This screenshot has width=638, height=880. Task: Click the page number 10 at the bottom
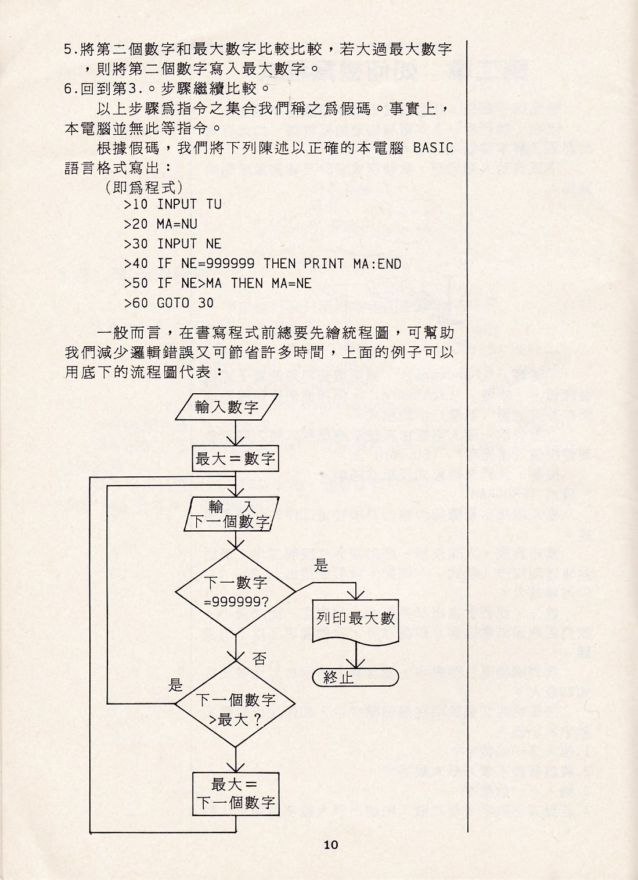(x=331, y=845)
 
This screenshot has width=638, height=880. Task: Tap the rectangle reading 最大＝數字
(x=235, y=459)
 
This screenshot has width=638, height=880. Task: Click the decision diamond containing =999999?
(x=235, y=591)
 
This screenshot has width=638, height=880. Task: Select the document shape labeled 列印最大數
(x=355, y=619)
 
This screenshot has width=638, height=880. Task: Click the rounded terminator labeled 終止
(x=355, y=677)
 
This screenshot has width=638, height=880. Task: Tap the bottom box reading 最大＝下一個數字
(x=235, y=793)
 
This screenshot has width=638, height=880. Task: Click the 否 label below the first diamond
(x=259, y=658)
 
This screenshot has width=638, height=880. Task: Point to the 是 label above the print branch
(x=321, y=565)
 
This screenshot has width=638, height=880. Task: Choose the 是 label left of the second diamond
(x=175, y=685)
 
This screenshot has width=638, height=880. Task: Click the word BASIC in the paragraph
(x=433, y=147)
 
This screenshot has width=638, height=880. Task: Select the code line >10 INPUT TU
(x=172, y=204)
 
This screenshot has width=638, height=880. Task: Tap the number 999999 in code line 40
(x=230, y=264)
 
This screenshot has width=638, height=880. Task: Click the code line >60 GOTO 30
(x=168, y=303)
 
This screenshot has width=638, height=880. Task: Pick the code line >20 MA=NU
(x=161, y=224)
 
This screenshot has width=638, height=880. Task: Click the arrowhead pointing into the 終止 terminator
(x=355, y=665)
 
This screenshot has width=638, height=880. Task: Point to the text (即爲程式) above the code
(x=144, y=187)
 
